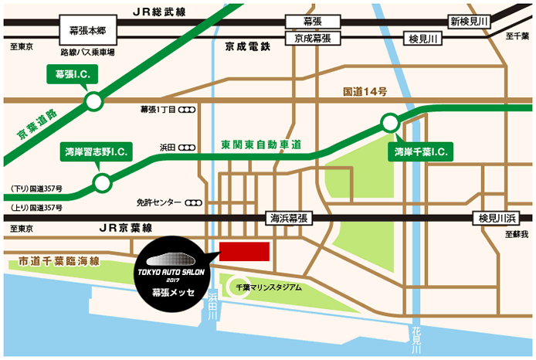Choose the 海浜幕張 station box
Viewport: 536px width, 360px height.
tap(287, 219)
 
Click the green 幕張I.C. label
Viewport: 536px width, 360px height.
tap(70, 75)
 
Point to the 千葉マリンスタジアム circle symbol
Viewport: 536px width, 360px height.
tap(236, 286)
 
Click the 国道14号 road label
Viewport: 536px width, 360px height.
tap(365, 92)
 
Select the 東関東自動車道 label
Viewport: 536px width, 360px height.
tap(260, 144)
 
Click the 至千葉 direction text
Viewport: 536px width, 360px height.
tap(516, 36)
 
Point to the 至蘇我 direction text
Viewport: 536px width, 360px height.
tap(516, 234)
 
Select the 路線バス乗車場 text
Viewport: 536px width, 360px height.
tap(87, 53)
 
